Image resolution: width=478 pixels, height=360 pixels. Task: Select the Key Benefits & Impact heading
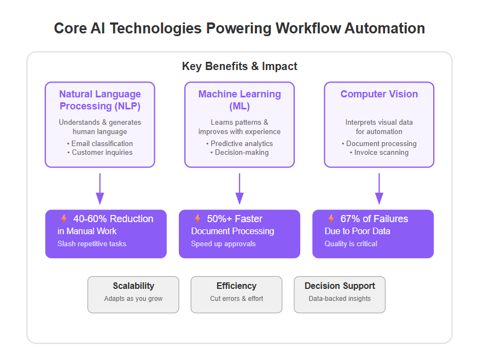click(x=240, y=66)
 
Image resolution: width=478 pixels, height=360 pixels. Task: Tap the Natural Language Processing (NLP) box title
click(x=100, y=100)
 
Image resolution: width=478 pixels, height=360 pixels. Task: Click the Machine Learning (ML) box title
click(x=240, y=100)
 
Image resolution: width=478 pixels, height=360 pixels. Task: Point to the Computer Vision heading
click(x=379, y=94)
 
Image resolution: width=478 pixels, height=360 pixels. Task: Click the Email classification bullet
click(x=100, y=143)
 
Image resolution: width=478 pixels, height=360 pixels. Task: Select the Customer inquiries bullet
click(x=100, y=152)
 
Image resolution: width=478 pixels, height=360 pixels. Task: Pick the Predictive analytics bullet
click(x=240, y=143)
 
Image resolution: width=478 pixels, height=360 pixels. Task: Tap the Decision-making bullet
click(x=240, y=152)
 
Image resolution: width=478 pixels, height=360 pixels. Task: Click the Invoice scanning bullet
click(x=379, y=152)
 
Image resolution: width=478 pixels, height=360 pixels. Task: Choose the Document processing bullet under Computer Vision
click(x=379, y=143)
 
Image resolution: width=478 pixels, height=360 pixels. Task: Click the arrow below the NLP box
click(x=100, y=189)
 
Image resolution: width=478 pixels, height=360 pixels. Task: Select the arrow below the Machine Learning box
click(x=240, y=189)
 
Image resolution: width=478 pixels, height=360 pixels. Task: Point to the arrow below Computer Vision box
click(x=379, y=189)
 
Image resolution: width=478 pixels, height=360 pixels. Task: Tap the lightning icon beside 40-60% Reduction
click(x=63, y=218)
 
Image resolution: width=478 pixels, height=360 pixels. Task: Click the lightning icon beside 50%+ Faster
click(x=197, y=218)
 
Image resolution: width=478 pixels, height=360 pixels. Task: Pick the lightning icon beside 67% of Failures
click(x=331, y=218)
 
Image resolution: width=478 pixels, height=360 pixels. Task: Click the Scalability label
click(x=133, y=286)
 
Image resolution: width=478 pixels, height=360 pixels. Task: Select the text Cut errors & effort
click(x=237, y=299)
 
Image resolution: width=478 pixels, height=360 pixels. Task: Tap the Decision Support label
click(x=340, y=286)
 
